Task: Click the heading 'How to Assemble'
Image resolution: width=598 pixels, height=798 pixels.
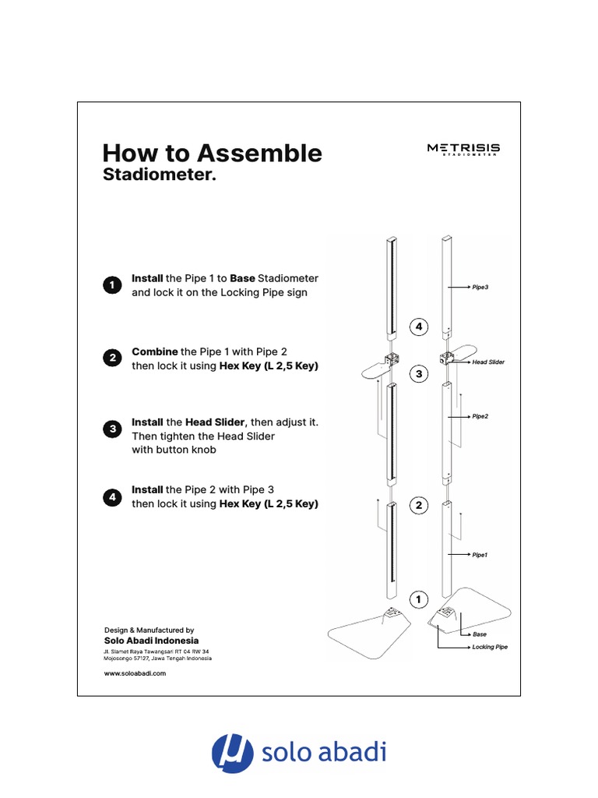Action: coord(212,153)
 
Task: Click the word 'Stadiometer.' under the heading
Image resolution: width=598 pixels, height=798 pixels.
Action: coord(159,175)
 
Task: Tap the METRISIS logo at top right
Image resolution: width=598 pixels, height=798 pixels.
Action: coord(463,149)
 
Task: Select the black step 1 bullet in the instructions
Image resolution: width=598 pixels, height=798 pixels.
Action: coord(112,285)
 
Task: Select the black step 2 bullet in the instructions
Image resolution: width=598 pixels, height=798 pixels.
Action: coord(112,358)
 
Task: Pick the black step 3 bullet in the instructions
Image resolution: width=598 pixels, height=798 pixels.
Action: coord(112,429)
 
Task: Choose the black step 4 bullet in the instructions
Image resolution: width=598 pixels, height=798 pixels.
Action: coord(112,496)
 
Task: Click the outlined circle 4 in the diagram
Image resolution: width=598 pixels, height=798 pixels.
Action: coord(419,327)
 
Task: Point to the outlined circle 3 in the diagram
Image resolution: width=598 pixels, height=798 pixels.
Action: coord(419,375)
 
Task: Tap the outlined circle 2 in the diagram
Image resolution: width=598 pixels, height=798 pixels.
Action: coord(419,506)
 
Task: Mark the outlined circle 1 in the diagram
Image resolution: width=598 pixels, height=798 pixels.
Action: coord(419,599)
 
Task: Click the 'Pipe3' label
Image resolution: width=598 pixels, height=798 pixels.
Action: coord(480,288)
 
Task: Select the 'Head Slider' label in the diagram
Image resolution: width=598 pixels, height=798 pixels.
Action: coord(488,362)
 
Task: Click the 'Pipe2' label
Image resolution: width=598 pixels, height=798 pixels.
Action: coord(480,417)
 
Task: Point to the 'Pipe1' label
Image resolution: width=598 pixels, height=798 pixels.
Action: coord(480,555)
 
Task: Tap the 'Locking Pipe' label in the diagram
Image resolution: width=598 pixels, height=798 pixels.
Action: coord(490,647)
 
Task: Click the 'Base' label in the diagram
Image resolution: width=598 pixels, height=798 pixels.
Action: coord(480,634)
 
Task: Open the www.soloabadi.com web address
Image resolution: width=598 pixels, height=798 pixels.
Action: coord(135,673)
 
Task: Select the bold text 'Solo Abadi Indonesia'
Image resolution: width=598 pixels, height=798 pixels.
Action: coord(152,640)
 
